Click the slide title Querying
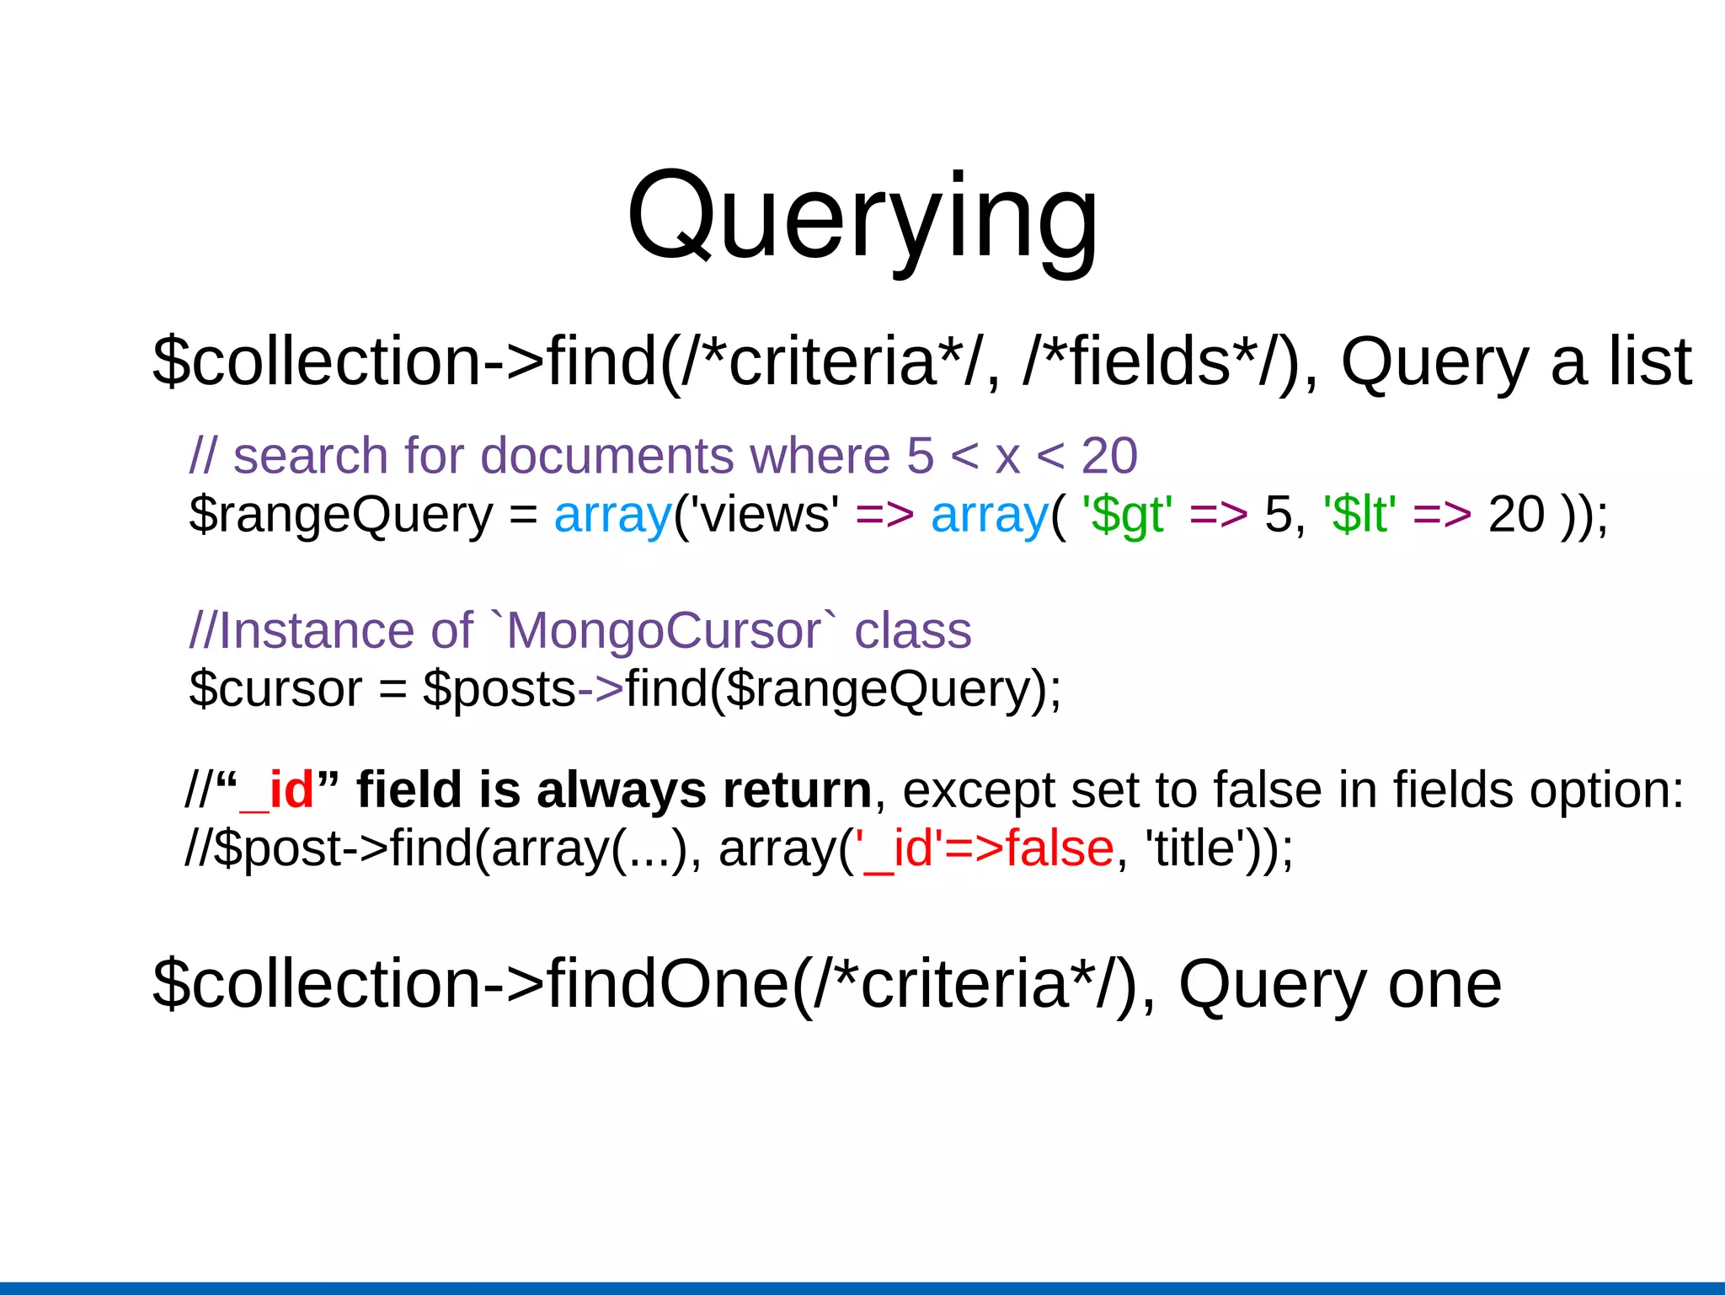tap(862, 217)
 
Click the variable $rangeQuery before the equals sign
tap(340, 514)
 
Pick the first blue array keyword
tap(612, 514)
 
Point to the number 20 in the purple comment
tap(1108, 456)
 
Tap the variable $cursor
tap(275, 688)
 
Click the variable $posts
tap(499, 688)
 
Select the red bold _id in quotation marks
tap(277, 790)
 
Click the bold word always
tap(621, 790)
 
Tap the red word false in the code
tap(1060, 848)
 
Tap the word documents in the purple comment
tap(606, 456)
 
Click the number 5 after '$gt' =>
tap(1278, 514)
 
